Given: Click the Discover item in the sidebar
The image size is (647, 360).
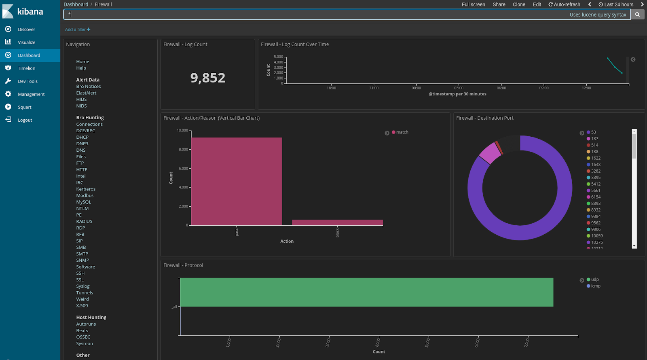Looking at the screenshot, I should coord(26,30).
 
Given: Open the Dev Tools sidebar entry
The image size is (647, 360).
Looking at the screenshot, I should coord(27,81).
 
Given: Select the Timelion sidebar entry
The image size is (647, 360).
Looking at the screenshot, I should coord(26,68).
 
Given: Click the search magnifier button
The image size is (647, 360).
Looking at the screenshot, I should coord(637,15).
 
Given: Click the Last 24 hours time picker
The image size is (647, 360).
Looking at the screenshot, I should coord(616,4).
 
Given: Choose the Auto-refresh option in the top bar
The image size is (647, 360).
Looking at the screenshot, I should coord(564,4).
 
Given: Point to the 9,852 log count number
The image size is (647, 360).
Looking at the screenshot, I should coord(208,78).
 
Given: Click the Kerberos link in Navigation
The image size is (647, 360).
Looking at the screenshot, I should coord(86,189).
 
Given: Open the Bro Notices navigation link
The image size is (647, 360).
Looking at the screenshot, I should coord(89,87).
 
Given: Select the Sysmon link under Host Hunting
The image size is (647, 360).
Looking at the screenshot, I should coord(85,343).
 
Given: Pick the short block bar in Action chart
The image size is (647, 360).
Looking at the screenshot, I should coord(337,222).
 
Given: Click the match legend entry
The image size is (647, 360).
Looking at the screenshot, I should coord(402,132).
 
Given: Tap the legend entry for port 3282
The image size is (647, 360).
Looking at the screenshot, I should coord(596,171).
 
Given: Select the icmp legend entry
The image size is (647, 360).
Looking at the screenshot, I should coord(596,286).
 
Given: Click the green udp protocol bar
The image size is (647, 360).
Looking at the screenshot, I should coord(366,292).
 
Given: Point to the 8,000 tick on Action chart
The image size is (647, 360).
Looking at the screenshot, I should coord(183,149).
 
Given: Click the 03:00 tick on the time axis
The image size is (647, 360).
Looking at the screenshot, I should coord(459,88).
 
